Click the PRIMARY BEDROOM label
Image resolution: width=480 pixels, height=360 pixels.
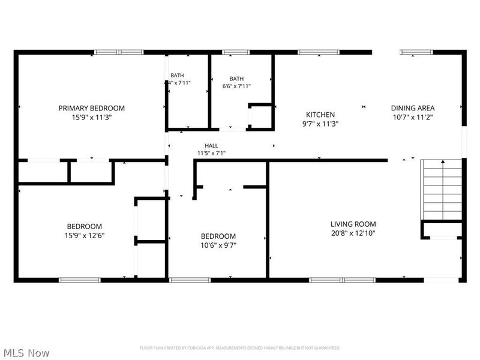coord(91,108)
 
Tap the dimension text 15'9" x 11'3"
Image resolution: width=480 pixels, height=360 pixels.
coord(91,118)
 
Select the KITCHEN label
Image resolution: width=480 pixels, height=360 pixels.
coord(320,115)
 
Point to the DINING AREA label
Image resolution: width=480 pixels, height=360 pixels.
coord(412,108)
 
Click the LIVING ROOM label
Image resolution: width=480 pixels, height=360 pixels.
coord(352,224)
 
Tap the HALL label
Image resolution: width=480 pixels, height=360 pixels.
coord(211,146)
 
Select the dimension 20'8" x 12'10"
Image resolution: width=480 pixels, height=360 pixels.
coord(352,233)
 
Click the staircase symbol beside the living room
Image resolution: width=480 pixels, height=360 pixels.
coord(443,189)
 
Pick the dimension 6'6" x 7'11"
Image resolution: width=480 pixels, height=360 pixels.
coord(236,86)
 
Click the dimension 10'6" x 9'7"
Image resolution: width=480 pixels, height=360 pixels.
coord(218,245)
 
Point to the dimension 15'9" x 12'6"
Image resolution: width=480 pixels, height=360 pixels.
coord(84,235)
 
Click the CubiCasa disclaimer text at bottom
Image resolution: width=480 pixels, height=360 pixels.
coord(240,348)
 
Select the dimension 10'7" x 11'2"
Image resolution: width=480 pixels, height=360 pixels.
coord(412,118)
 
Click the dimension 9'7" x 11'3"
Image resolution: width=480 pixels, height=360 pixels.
coord(320,124)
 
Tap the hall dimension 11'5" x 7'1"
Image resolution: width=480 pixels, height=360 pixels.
coord(211,154)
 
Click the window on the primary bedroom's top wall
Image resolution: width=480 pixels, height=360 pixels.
coord(119,52)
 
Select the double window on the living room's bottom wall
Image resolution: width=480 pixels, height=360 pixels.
coord(342,280)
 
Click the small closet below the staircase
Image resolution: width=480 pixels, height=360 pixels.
coord(442,230)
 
